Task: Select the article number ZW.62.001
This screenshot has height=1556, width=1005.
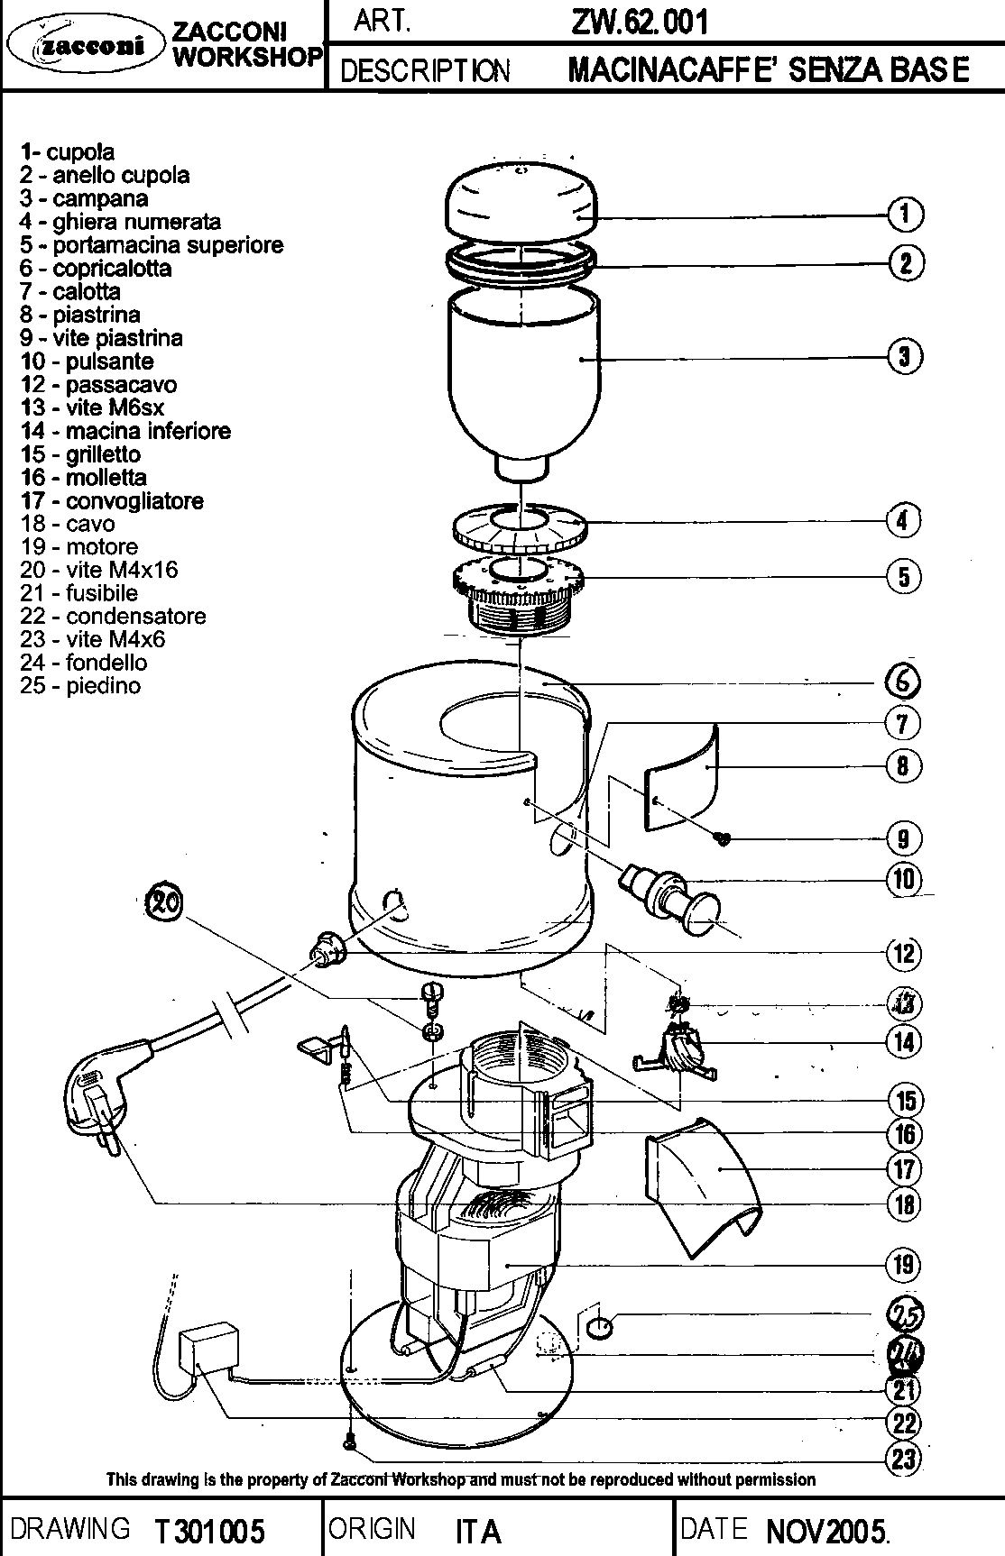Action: point(639,22)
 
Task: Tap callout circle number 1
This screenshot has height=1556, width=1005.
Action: point(905,215)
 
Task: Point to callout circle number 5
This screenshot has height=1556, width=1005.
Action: point(905,576)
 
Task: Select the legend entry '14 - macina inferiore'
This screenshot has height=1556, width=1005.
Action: point(125,431)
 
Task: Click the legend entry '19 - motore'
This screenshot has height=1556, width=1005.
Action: point(79,547)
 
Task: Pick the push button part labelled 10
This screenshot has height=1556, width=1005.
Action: point(673,893)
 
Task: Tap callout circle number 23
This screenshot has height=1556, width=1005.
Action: point(905,1458)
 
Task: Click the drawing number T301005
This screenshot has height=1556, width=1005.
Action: point(208,1531)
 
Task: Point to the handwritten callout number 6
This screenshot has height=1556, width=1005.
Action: point(903,682)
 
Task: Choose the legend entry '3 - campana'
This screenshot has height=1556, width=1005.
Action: point(84,198)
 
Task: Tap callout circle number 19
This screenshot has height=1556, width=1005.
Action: point(905,1265)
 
